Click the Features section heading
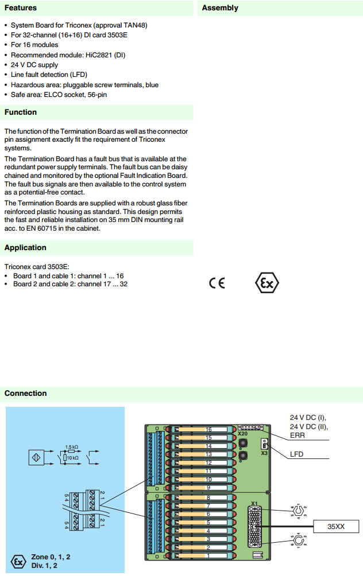21,8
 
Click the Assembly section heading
220,8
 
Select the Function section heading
21,112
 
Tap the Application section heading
25,248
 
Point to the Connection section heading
25,394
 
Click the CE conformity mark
217,283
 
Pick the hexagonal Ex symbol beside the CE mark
267,283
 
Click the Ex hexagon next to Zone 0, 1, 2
19,561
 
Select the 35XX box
336,526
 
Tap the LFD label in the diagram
297,454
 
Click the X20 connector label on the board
243,434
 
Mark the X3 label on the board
264,453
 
